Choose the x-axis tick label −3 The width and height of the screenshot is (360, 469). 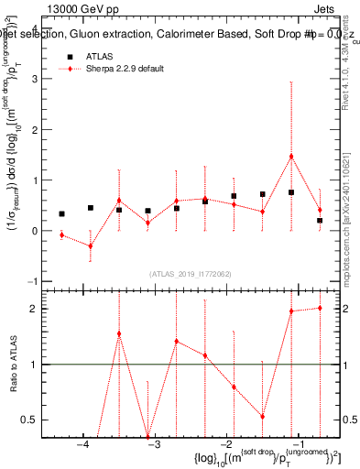click(x=153, y=445)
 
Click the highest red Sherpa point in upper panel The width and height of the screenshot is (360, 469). click(x=291, y=156)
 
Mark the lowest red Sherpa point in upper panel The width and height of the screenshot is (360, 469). click(x=91, y=245)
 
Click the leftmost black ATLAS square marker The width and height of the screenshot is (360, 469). click(x=61, y=214)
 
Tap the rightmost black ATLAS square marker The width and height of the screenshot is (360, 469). click(x=320, y=221)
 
